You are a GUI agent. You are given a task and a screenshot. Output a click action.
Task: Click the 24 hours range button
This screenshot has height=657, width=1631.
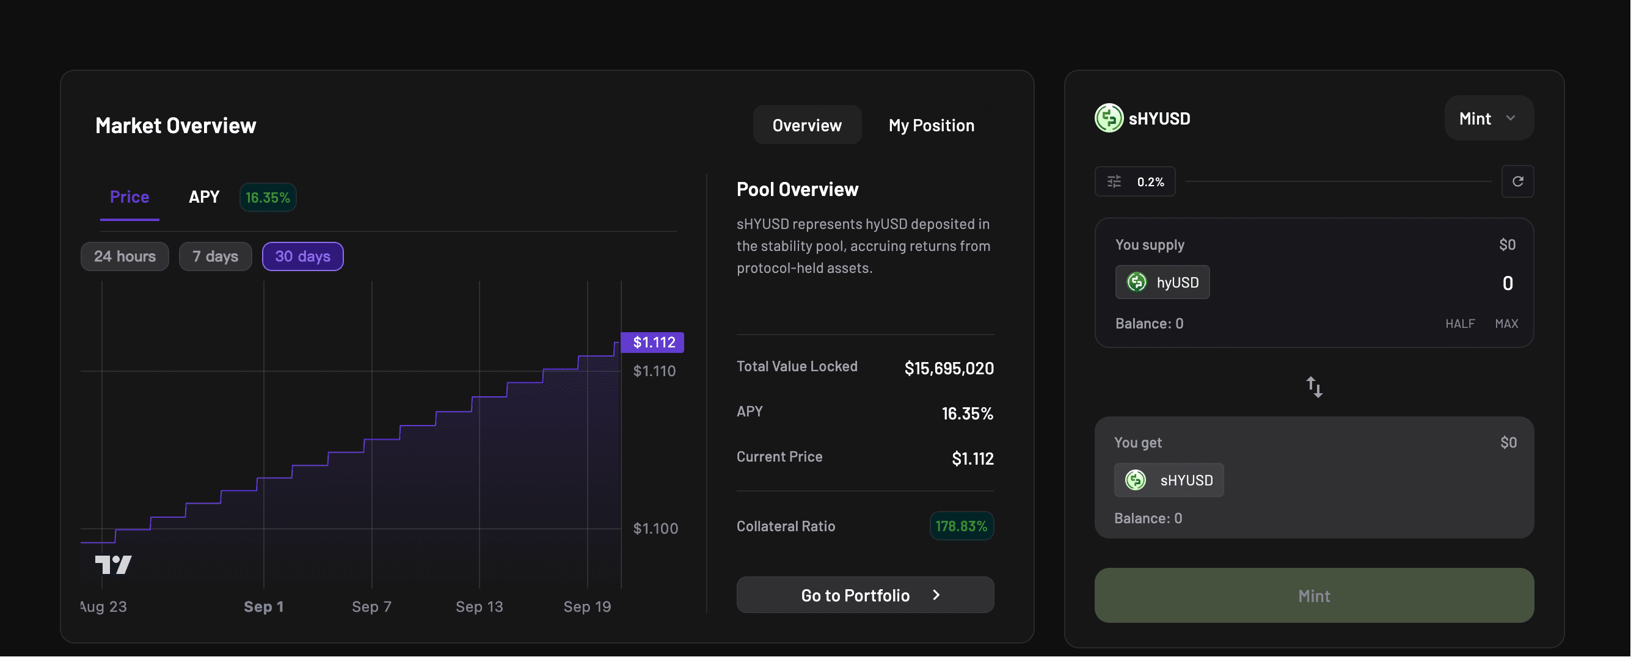pyautogui.click(x=125, y=256)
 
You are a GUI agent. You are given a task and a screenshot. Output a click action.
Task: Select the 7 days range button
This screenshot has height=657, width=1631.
pyautogui.click(x=215, y=256)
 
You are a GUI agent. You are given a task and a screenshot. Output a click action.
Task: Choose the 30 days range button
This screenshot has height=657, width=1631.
pyautogui.click(x=302, y=256)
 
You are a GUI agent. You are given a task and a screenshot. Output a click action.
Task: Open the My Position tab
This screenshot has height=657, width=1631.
pyautogui.click(x=932, y=125)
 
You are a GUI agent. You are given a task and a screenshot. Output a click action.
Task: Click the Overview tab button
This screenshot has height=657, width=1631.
pyautogui.click(x=806, y=125)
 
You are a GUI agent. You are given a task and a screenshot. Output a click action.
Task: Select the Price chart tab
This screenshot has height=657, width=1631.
pyautogui.click(x=129, y=197)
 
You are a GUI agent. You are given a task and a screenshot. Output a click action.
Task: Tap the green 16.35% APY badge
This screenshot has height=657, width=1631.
pyautogui.click(x=268, y=197)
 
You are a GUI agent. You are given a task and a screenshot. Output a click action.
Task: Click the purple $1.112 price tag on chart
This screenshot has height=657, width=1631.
pyautogui.click(x=653, y=343)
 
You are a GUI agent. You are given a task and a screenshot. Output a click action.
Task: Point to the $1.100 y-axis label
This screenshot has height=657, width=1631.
pyautogui.click(x=655, y=529)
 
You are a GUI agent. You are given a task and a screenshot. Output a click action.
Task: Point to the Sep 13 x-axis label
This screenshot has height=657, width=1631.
pyautogui.click(x=480, y=606)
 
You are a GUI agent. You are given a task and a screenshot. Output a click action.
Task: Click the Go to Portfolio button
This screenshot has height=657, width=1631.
pyautogui.click(x=865, y=595)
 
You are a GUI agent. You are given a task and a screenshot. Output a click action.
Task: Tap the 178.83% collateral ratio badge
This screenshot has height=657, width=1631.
pyautogui.click(x=961, y=526)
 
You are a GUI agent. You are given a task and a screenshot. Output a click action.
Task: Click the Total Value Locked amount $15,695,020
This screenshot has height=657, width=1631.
pyautogui.click(x=949, y=368)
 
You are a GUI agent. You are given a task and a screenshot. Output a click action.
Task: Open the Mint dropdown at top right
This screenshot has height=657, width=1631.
pyautogui.click(x=1489, y=118)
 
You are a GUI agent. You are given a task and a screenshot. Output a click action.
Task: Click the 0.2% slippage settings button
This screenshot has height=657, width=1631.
pyautogui.click(x=1134, y=182)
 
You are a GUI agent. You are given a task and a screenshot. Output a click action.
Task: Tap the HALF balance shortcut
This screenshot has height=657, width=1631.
pyautogui.click(x=1459, y=324)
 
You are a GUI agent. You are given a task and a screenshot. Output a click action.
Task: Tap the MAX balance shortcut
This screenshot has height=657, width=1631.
pyautogui.click(x=1506, y=324)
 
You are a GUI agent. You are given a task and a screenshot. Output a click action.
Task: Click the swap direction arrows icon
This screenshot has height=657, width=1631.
pyautogui.click(x=1315, y=387)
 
